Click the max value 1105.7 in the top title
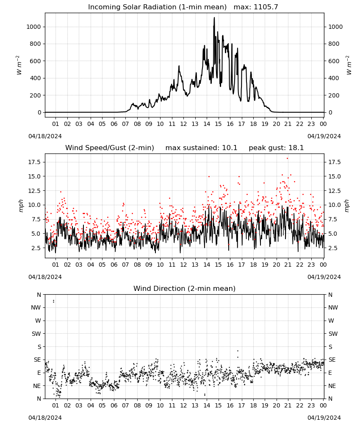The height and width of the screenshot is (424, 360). click(266, 7)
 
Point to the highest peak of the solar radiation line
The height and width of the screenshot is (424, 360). click(214, 17)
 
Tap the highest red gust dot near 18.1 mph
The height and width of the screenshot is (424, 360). click(287, 159)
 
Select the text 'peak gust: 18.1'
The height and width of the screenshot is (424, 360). click(276, 148)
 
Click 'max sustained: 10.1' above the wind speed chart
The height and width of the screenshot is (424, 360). click(201, 148)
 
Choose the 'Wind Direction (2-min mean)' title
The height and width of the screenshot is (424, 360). click(185, 288)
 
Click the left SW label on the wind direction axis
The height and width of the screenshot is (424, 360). click(36, 334)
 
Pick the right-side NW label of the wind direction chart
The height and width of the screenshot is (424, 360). click(333, 307)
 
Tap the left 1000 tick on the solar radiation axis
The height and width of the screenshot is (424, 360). click(33, 27)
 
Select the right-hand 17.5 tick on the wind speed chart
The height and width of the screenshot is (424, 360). click(334, 162)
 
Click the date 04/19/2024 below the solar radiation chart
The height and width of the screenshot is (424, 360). click(324, 136)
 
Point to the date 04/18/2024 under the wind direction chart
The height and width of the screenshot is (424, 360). click(45, 418)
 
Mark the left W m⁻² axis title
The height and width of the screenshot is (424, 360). click(19, 65)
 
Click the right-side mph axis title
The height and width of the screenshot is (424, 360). click(347, 206)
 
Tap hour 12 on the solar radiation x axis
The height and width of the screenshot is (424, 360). click(183, 124)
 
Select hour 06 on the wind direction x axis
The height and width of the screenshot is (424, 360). click(114, 405)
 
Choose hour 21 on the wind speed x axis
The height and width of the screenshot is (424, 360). click(288, 265)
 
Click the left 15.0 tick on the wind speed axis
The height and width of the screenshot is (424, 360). click(35, 176)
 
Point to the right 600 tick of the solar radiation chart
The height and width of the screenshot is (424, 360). click(334, 61)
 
